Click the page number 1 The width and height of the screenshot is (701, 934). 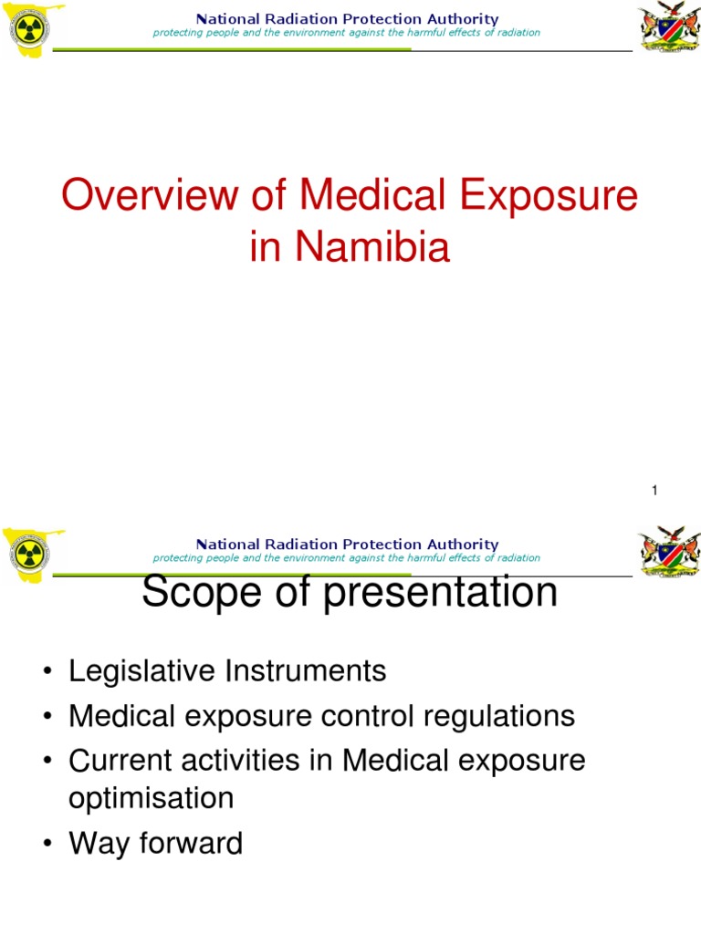654,492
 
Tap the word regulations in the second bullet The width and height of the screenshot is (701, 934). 501,716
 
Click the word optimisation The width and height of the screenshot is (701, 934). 152,798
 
